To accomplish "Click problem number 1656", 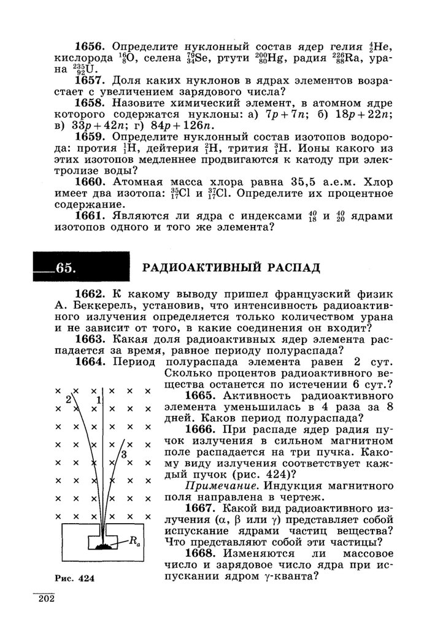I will click(x=92, y=47).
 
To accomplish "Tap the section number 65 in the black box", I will click(x=64, y=268).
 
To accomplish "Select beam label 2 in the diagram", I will click(x=69, y=399).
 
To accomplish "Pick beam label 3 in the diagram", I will click(x=124, y=454).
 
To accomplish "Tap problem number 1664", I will click(x=92, y=362).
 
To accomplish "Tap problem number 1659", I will click(x=92, y=136).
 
